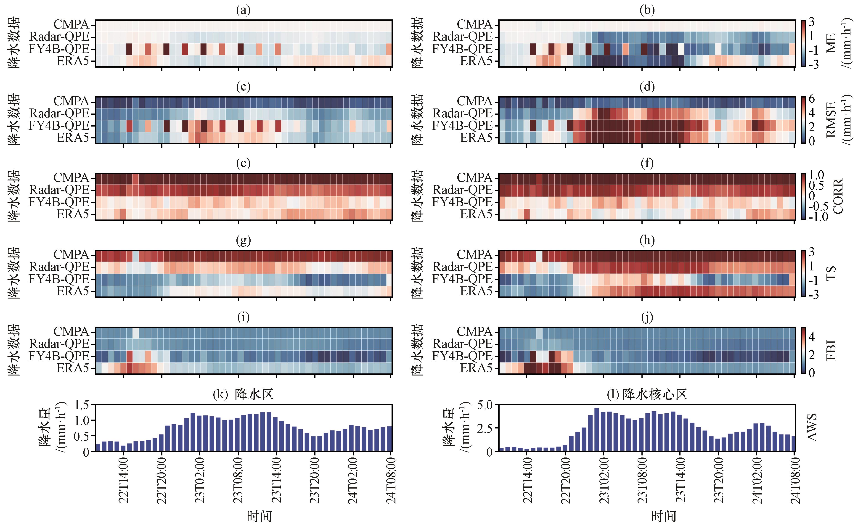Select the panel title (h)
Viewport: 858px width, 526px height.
[x=647, y=240]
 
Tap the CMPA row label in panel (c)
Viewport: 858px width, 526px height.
[x=71, y=101]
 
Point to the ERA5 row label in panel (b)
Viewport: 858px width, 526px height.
[x=476, y=61]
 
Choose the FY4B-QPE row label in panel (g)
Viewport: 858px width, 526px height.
[x=59, y=279]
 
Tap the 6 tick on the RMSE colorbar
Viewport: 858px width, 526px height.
[x=812, y=99]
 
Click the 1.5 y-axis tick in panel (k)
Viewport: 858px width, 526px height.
[x=82, y=405]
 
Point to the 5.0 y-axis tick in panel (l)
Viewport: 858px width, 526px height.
[x=485, y=405]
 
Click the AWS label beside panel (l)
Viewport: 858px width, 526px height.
[x=812, y=428]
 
